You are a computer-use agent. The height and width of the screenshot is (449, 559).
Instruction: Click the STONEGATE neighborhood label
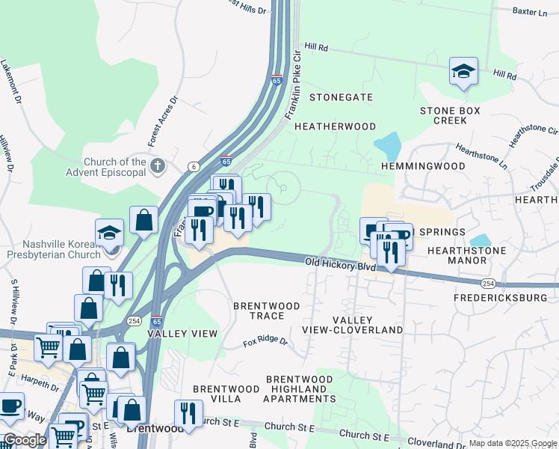click(341, 97)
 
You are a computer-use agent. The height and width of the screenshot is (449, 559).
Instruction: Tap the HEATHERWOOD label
click(335, 126)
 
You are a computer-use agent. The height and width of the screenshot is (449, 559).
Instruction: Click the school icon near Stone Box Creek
click(463, 72)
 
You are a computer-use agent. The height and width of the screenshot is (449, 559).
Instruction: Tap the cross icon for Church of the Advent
click(157, 165)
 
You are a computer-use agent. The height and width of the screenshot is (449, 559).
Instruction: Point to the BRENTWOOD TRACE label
click(267, 311)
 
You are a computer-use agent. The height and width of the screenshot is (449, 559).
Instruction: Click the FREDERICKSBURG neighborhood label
click(501, 297)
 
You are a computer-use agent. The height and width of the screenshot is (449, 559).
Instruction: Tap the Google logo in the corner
click(24, 439)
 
